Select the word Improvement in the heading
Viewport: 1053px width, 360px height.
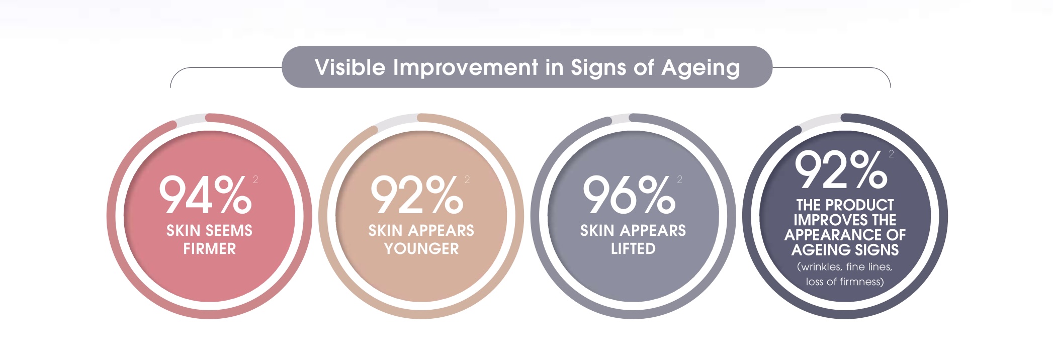point(466,67)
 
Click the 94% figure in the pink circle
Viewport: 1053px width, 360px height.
point(205,195)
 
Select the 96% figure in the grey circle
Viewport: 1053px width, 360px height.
point(629,195)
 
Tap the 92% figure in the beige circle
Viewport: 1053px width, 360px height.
point(417,195)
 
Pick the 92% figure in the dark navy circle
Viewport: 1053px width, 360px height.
point(841,169)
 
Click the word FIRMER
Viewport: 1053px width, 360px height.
point(209,248)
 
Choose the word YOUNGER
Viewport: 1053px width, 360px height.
point(421,248)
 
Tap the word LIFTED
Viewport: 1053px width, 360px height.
point(633,248)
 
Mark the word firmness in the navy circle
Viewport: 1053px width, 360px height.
point(861,282)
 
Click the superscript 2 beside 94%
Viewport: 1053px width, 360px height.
point(255,179)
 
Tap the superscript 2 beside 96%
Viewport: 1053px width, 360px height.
point(679,179)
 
